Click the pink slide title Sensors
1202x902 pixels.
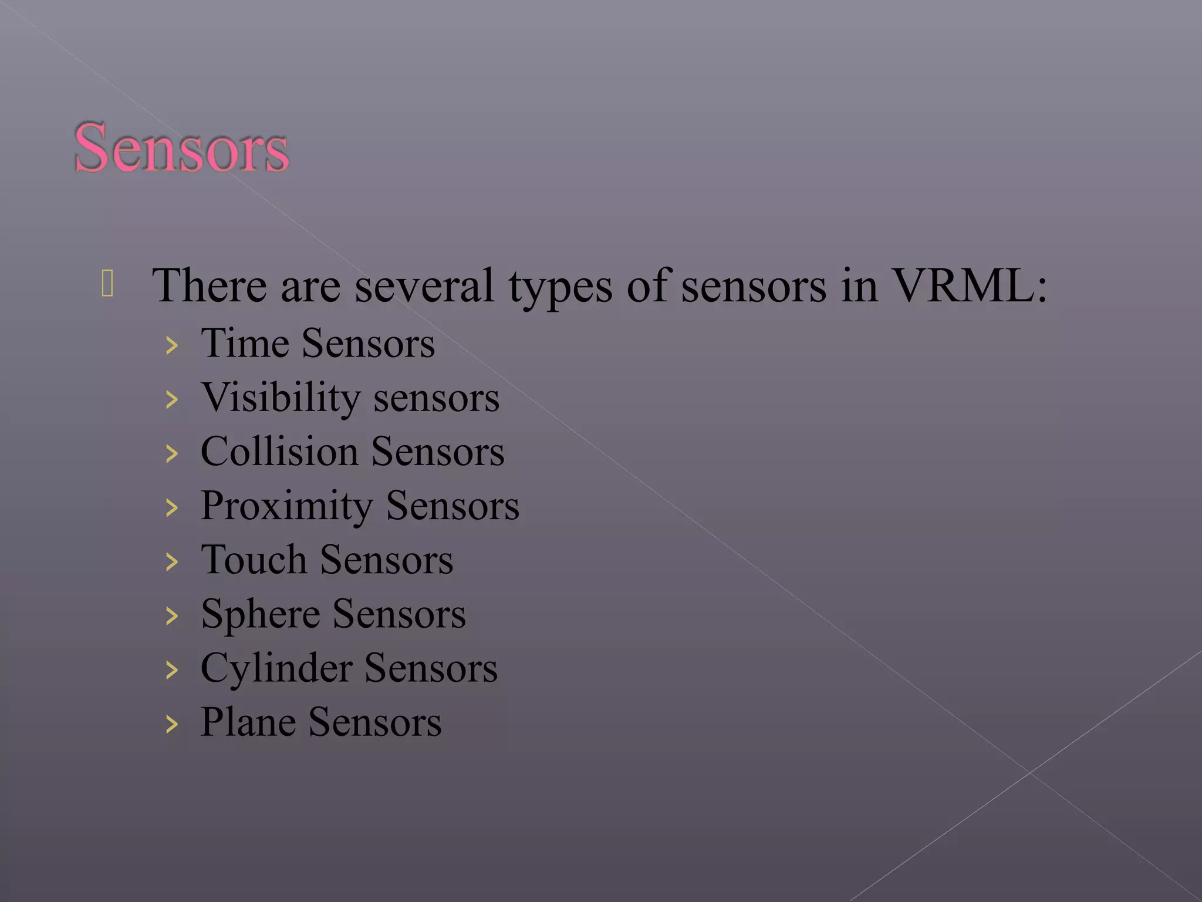click(181, 148)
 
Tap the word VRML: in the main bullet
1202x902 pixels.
click(969, 286)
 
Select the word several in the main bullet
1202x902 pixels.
click(424, 286)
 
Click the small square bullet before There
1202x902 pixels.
click(107, 283)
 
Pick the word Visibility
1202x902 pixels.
click(281, 398)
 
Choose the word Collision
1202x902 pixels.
click(279, 452)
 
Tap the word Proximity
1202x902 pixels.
click(286, 507)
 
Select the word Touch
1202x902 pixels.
click(254, 560)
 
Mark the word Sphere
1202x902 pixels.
click(260, 615)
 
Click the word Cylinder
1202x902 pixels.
click(276, 669)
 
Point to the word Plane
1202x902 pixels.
click(248, 722)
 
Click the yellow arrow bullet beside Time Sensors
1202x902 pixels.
click(171, 346)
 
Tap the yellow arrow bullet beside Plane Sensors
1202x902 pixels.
click(171, 724)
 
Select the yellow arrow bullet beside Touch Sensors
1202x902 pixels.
click(171, 562)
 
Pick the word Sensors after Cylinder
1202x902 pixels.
click(431, 669)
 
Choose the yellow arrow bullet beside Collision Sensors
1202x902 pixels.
click(171, 454)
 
